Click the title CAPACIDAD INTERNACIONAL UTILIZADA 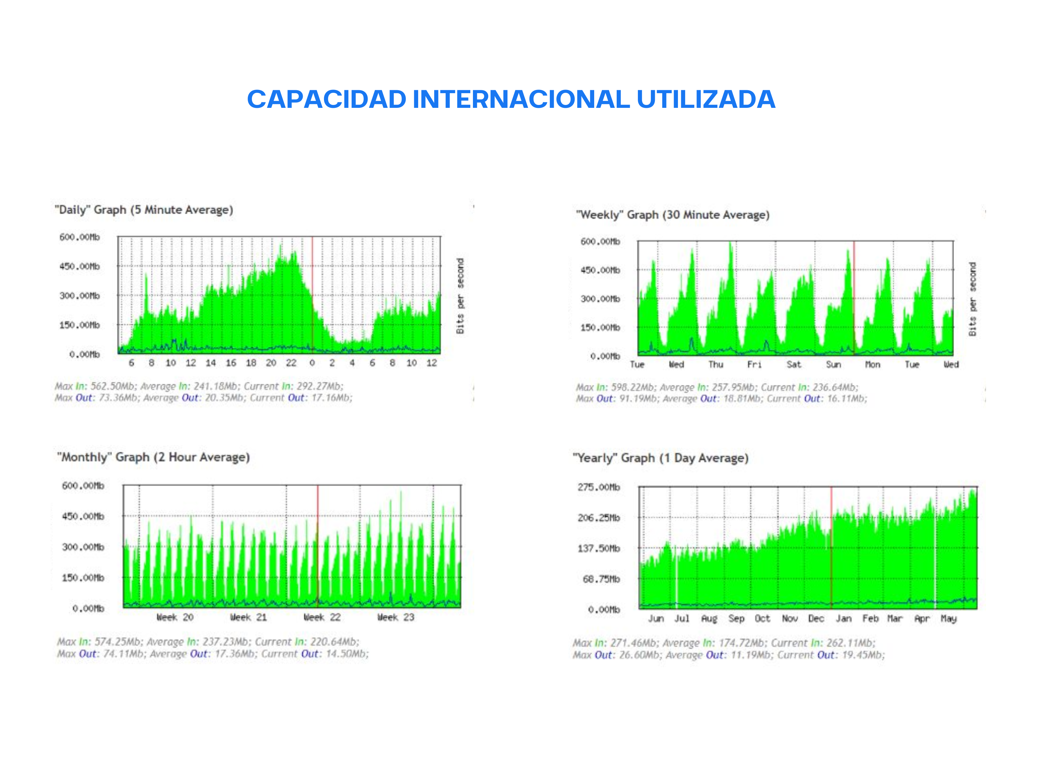[511, 99]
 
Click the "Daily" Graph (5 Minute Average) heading [144, 210]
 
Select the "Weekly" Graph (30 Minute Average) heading [672, 215]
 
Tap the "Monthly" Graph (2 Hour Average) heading [153, 457]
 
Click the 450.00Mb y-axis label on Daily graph [80, 266]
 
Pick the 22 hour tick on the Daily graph [291, 363]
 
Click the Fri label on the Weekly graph [755, 364]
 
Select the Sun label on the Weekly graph [833, 364]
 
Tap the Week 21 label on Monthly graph [248, 617]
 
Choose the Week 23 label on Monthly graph [396, 617]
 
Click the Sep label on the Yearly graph [736, 618]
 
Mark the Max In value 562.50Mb [113, 386]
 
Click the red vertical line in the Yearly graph [831, 547]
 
